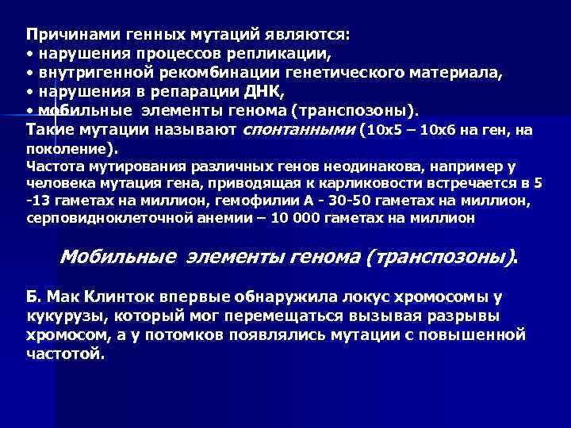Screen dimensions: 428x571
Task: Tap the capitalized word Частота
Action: pos(52,166)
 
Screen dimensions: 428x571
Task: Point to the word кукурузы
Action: pos(60,315)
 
